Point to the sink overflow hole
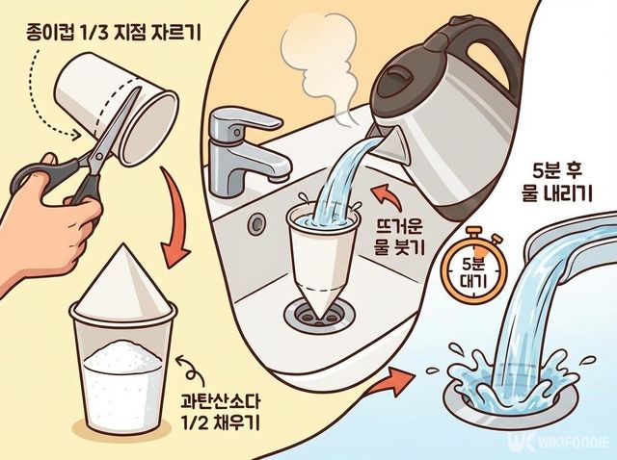coord(257,224)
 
